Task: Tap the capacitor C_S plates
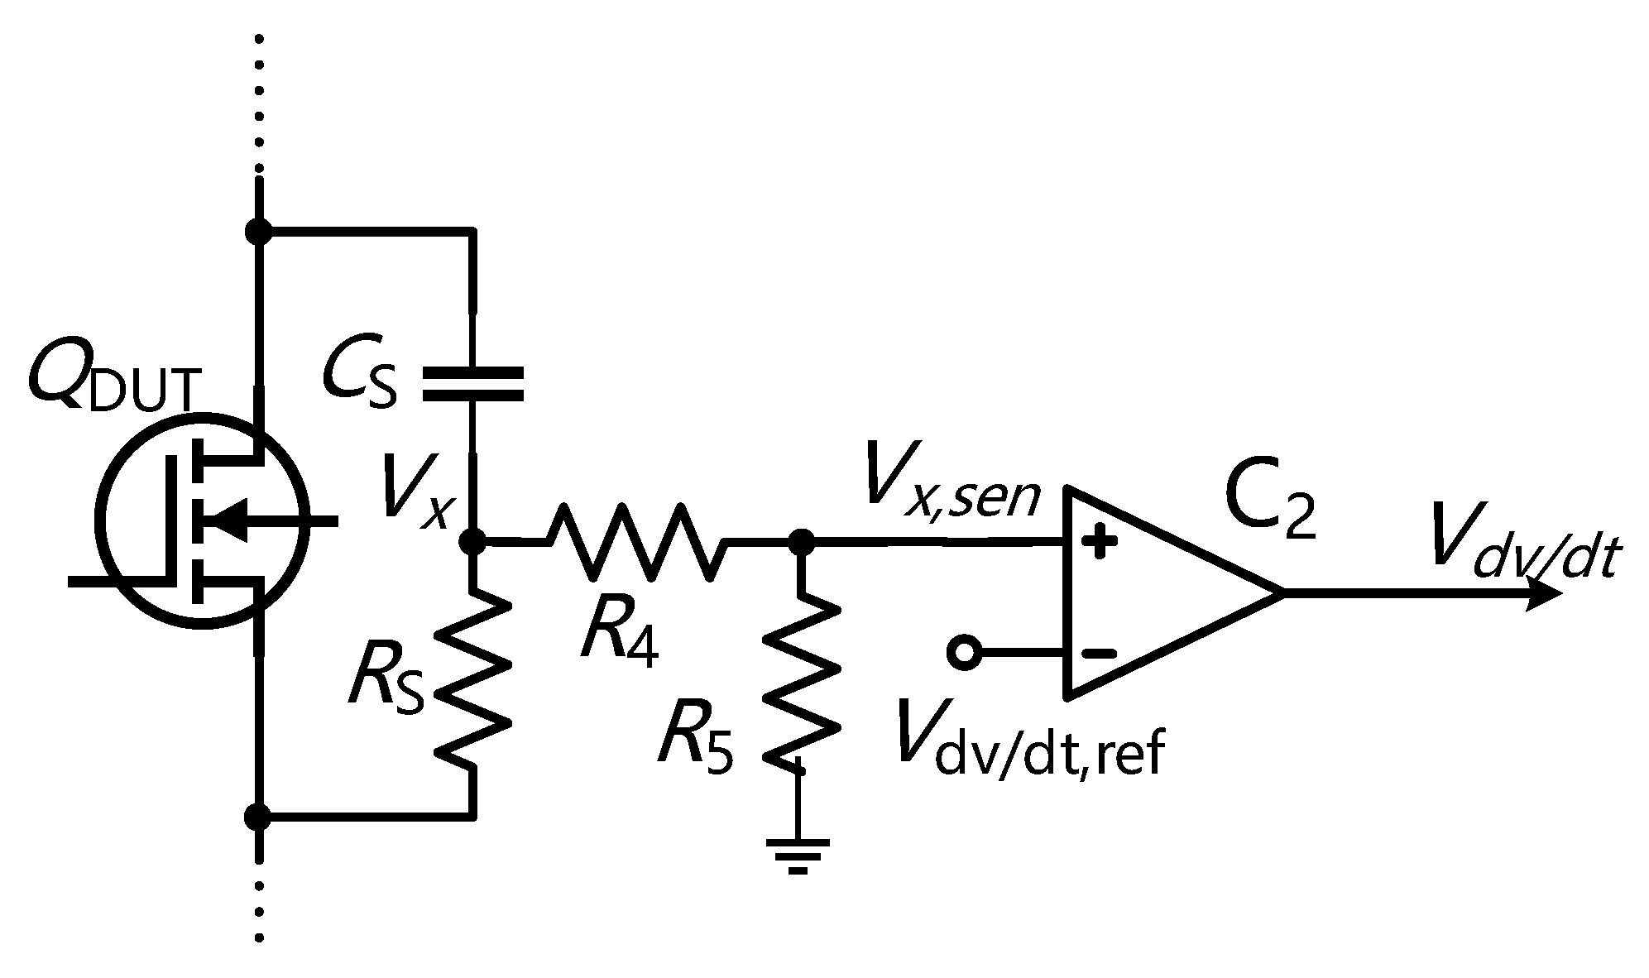[472, 385]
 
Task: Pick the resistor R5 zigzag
[800, 683]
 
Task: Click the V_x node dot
[472, 542]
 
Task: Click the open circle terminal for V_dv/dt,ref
[963, 653]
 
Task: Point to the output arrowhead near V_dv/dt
[1543, 593]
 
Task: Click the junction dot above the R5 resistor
[800, 542]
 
